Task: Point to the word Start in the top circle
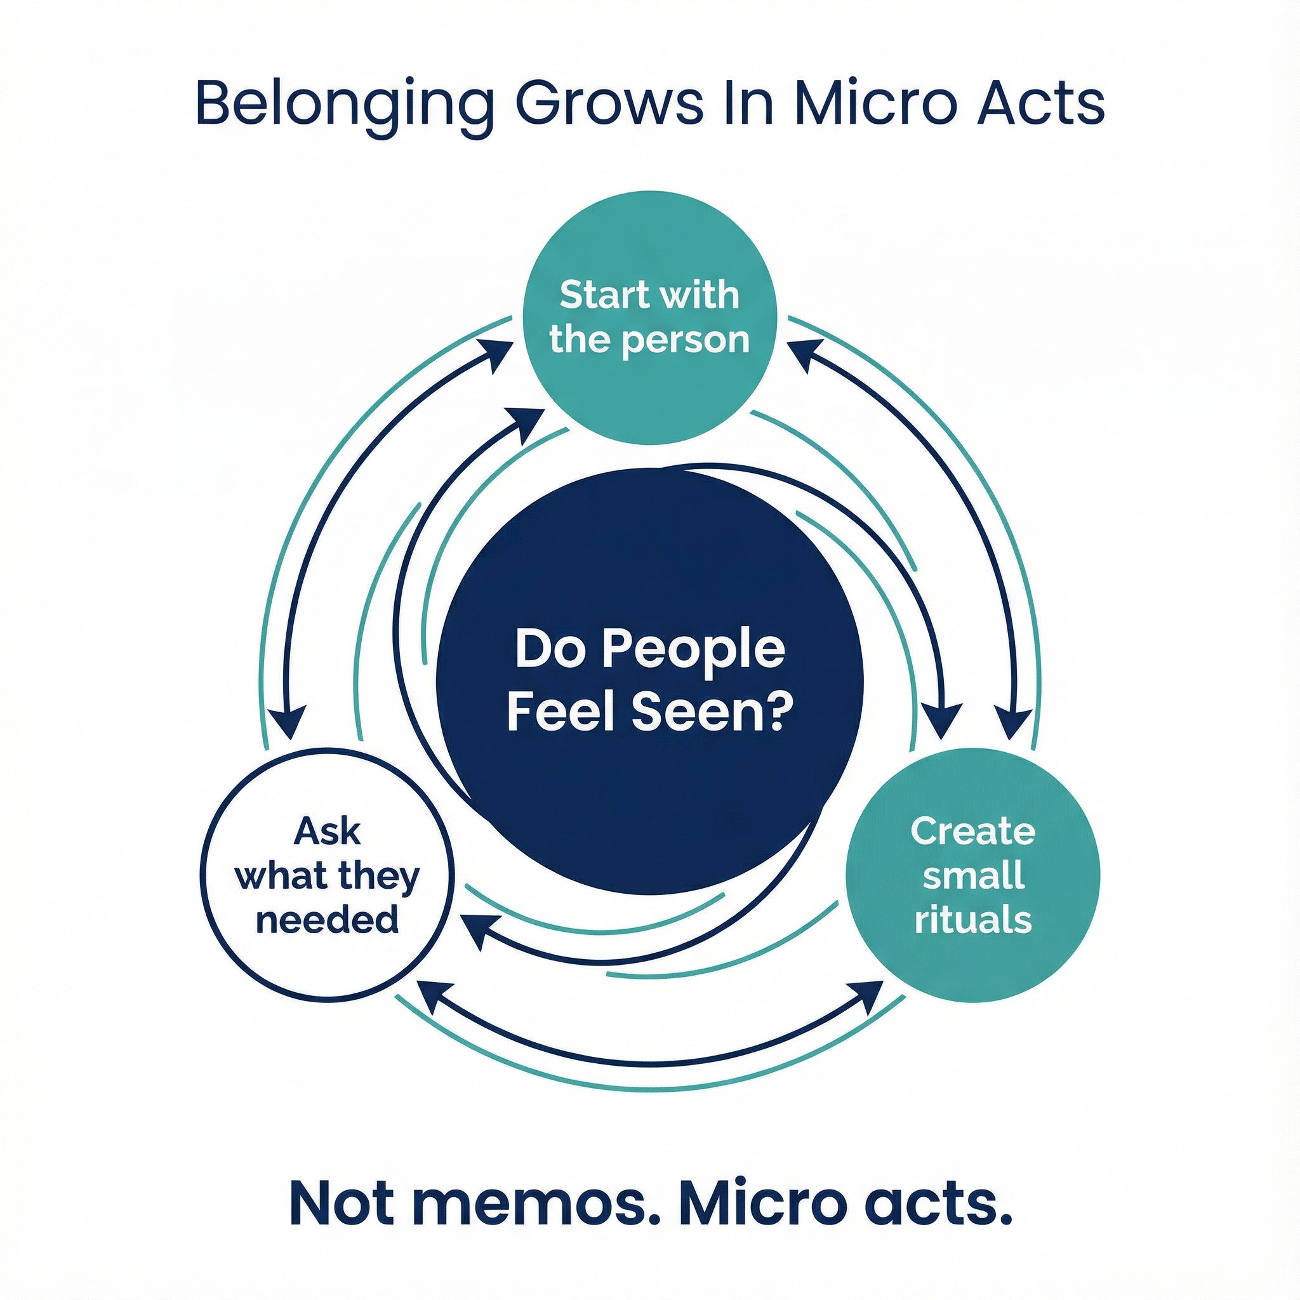pyautogui.click(x=599, y=295)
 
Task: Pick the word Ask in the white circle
pyautogui.click(x=328, y=832)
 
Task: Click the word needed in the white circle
pyautogui.click(x=328, y=919)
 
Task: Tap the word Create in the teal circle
pyautogui.click(x=972, y=832)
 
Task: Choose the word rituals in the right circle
pyautogui.click(x=972, y=920)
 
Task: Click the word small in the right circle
pyautogui.click(x=974, y=875)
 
